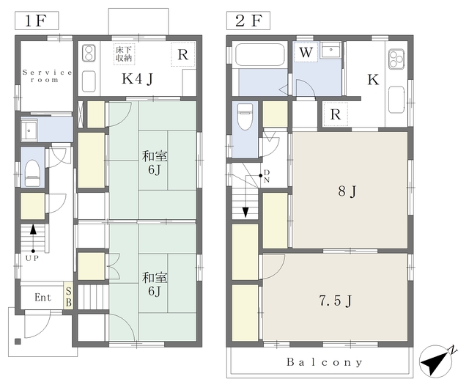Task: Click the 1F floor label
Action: (37, 21)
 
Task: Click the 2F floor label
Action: (248, 21)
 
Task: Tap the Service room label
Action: (47, 76)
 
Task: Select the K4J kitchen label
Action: (137, 78)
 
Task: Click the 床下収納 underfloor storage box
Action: (124, 54)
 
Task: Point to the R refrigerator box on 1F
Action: (183, 54)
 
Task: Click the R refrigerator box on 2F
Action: (336, 114)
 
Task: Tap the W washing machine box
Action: (306, 52)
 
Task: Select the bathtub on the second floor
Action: (259, 54)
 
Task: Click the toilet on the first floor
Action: (32, 173)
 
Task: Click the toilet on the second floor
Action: (245, 117)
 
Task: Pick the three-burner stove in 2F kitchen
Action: (396, 59)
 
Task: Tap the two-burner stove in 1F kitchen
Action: (89, 54)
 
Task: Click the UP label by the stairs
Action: (32, 258)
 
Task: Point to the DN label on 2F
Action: (267, 176)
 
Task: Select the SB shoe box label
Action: (68, 297)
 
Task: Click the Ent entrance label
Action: (43, 297)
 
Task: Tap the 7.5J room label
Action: (336, 301)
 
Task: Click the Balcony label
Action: (325, 362)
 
